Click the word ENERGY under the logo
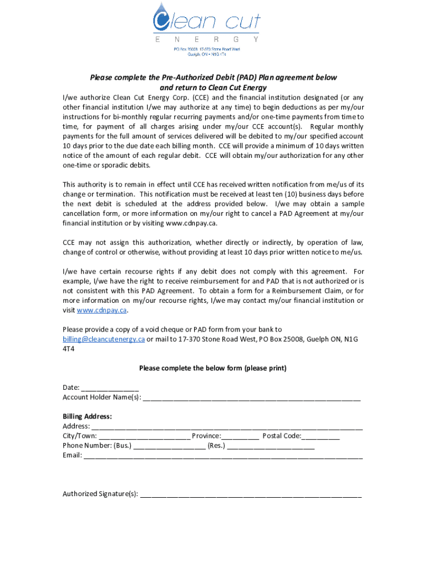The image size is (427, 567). click(206, 40)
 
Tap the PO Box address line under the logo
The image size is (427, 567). click(205, 49)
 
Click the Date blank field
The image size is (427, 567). click(110, 388)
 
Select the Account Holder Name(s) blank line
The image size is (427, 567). click(252, 397)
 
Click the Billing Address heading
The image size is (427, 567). click(87, 416)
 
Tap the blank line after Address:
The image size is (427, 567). click(227, 426)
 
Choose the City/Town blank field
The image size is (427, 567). click(145, 436)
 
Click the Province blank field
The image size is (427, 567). click(240, 436)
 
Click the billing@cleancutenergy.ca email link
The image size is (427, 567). click(104, 339)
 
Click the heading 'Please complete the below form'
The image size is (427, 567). click(213, 368)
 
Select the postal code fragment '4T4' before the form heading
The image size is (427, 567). click(69, 349)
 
